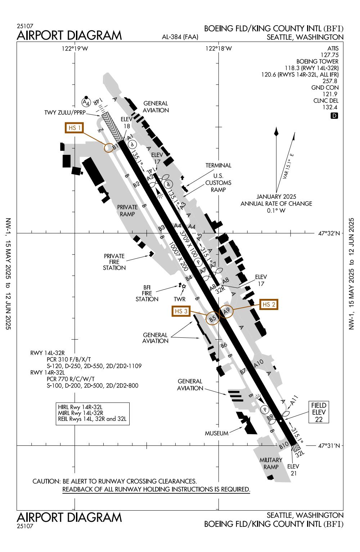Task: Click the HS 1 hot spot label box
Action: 74,128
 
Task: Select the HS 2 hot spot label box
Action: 269,304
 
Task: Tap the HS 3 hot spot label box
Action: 181,311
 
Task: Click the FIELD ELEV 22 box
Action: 319,412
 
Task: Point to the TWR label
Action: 179,299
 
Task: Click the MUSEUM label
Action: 217,433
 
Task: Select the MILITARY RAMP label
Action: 271,463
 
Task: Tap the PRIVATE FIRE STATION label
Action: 114,262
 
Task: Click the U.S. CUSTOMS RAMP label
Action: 218,183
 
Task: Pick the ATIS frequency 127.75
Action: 329,55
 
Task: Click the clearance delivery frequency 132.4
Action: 330,107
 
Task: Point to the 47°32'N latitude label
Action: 329,233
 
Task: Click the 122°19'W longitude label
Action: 75,49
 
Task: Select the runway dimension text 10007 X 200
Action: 179,256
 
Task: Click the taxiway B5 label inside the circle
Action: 212,318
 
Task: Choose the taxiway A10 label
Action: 259,363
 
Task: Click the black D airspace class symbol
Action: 334,116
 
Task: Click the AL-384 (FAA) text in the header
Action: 180,37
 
